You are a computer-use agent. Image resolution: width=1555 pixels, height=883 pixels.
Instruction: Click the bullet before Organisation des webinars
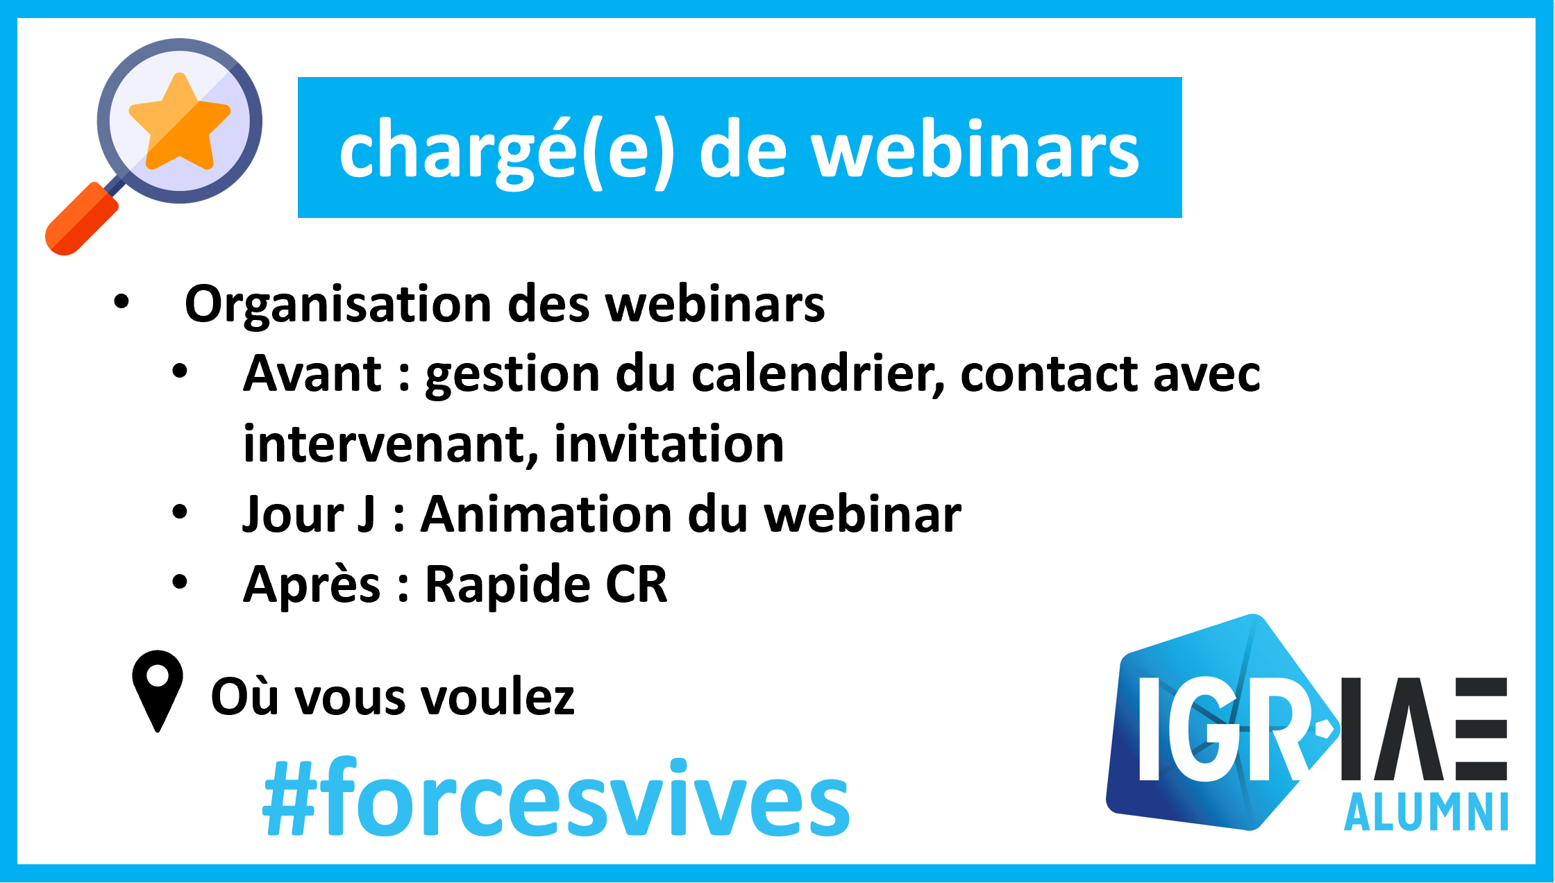click(121, 302)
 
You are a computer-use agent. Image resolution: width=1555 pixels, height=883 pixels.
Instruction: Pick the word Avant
click(312, 373)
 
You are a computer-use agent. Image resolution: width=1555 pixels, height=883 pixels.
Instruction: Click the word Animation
click(547, 514)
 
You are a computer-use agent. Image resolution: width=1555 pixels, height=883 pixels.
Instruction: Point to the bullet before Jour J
click(180, 512)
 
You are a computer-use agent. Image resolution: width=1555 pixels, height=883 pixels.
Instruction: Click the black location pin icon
click(158, 691)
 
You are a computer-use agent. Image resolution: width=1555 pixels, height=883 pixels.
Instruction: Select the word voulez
click(499, 696)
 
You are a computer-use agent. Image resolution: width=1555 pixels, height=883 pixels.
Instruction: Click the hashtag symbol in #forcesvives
click(291, 800)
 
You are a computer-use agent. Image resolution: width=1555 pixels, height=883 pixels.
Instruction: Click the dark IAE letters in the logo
click(1424, 729)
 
